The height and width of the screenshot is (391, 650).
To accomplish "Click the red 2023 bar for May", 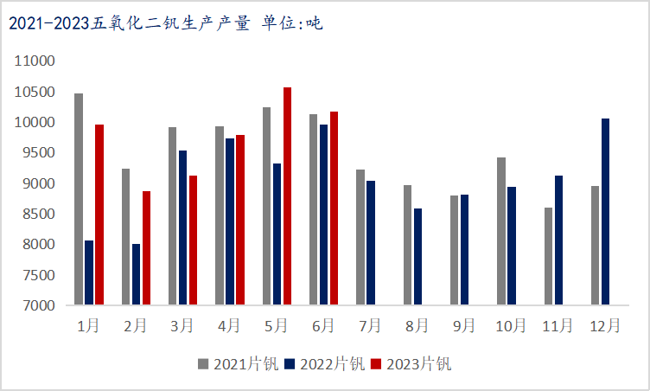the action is point(287,195).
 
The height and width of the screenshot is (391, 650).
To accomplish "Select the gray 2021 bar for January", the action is point(79,199).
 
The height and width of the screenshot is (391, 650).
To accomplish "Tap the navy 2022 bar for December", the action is point(605,212).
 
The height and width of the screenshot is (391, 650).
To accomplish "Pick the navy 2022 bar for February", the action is point(136,274).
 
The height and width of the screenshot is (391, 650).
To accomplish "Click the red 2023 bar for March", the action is point(193,240).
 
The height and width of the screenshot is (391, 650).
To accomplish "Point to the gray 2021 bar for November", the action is point(548,256).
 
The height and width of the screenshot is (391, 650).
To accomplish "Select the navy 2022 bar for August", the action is point(417,257).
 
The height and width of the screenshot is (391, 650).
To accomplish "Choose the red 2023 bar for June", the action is point(335,208).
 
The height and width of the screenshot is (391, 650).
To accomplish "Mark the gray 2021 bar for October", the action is point(501,231).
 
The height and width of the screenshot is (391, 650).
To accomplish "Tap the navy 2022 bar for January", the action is point(89,272).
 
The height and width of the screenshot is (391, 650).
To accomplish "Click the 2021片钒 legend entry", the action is point(238,364).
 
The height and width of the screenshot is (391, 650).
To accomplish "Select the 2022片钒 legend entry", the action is point(325,364).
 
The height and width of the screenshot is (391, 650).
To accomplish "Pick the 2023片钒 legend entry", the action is point(411,364).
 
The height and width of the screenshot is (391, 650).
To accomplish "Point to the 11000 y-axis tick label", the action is point(35,61).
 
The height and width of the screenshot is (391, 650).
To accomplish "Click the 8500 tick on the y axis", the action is point(39,214).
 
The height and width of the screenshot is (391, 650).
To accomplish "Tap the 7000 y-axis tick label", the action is point(39,305).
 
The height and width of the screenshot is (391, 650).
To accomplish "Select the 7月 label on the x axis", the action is point(370,326).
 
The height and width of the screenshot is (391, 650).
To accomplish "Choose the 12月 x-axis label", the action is point(605,326).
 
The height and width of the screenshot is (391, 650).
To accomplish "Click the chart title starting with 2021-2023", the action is point(166,23).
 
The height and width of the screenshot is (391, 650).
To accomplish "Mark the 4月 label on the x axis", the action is point(229,326).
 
